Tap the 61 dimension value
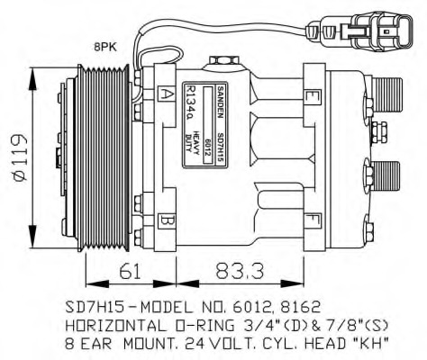[x=130, y=268]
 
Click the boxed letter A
[x=168, y=93]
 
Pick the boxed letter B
[x=167, y=219]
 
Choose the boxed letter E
[x=310, y=96]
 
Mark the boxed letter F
[x=311, y=218]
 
